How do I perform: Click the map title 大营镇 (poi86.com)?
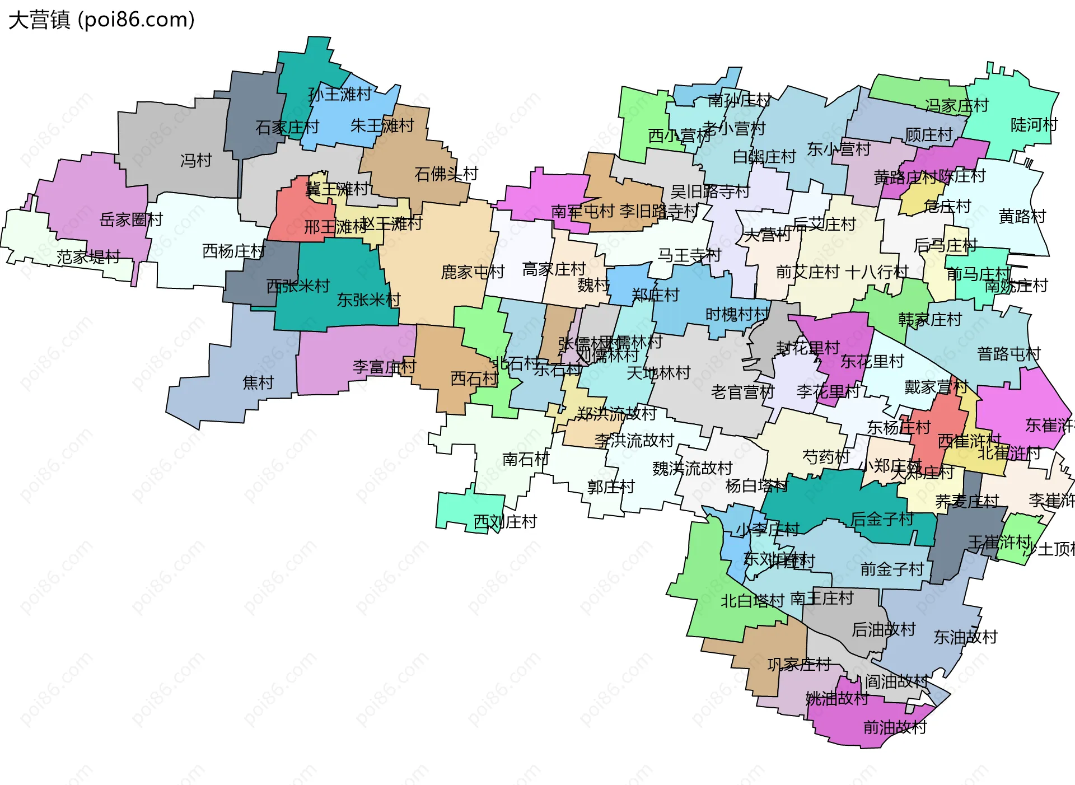[101, 20]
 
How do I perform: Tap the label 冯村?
[196, 161]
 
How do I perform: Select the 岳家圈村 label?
[131, 219]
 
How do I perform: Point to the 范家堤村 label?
[88, 257]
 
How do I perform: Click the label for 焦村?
[258, 383]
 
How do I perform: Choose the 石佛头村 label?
[446, 174]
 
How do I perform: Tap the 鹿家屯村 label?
[473, 272]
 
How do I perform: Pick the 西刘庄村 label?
[505, 522]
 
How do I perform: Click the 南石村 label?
[526, 459]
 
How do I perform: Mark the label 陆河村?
[1034, 125]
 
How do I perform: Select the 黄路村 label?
[1022, 216]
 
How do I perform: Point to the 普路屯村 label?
[1008, 354]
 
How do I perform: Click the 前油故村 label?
[895, 727]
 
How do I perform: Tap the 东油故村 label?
[965, 637]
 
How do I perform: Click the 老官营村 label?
[742, 392]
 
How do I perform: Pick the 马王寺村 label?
[689, 255]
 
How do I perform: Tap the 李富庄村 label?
[384, 367]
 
